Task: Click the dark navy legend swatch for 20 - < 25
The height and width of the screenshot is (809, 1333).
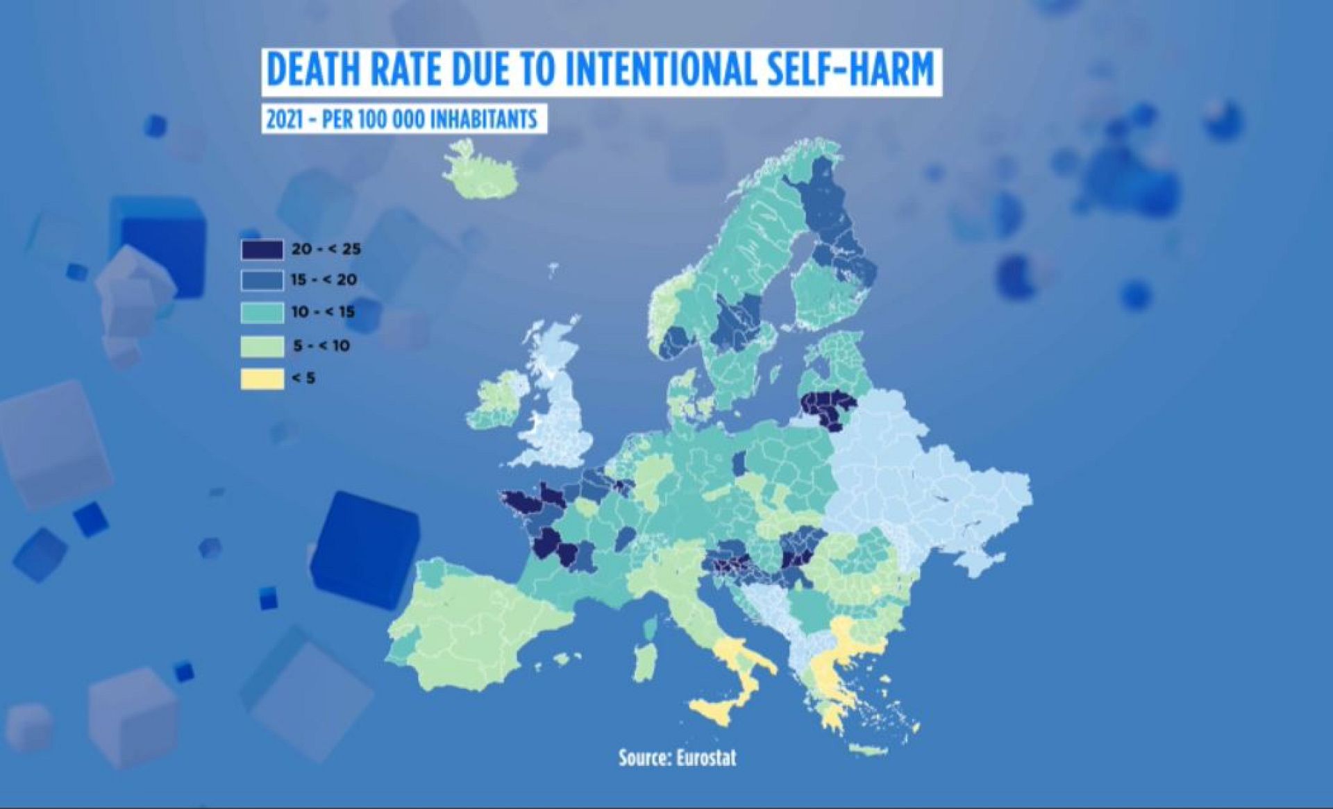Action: point(262,249)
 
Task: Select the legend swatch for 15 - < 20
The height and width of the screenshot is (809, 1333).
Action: point(262,280)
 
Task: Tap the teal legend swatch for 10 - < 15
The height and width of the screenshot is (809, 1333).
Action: point(262,312)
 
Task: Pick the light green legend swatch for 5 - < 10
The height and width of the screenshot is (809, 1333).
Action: point(262,346)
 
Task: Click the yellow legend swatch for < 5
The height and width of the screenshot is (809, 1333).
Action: point(262,378)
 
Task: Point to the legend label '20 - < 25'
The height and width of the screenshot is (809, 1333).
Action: point(326,249)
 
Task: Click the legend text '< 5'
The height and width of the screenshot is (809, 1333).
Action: point(303,378)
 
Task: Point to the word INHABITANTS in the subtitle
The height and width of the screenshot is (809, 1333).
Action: point(484,119)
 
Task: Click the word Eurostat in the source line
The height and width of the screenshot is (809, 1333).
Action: point(705,758)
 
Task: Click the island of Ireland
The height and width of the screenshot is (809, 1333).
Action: point(498,398)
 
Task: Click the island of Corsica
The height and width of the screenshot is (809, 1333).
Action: point(651,626)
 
